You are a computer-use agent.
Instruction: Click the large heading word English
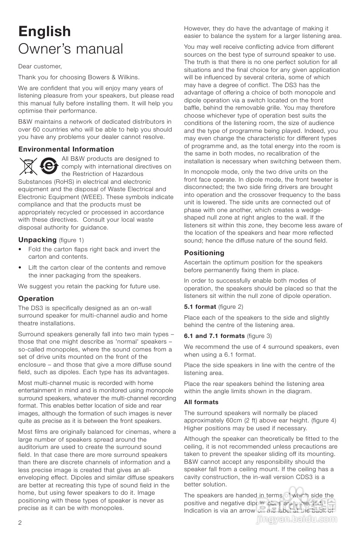click(x=44, y=31)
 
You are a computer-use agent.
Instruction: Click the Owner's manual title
click(x=71, y=49)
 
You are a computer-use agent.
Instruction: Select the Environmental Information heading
click(x=66, y=149)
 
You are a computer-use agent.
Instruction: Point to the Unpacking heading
click(x=37, y=240)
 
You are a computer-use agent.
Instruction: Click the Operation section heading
click(x=36, y=298)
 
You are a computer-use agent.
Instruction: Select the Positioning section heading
click(x=204, y=253)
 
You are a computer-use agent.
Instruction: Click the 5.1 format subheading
click(x=200, y=307)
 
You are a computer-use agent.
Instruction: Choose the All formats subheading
click(x=201, y=402)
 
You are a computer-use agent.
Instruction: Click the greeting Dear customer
click(x=40, y=67)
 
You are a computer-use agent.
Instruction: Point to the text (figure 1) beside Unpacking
click(x=71, y=240)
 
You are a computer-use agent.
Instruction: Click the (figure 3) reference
click(x=259, y=336)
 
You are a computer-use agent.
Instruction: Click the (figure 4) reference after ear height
click(x=323, y=420)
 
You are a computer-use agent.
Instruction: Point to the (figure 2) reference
click(x=230, y=307)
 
